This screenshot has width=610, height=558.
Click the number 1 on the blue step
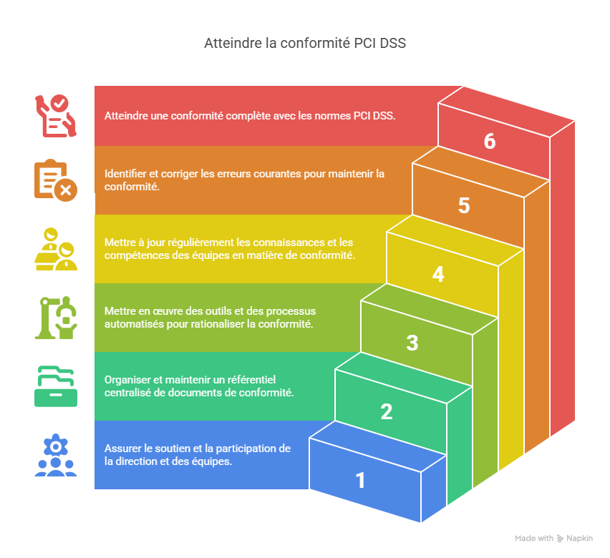tap(361, 480)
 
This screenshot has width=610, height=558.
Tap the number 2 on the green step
tap(387, 411)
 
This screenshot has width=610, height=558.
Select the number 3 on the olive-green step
tap(412, 343)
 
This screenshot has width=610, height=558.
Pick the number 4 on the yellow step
tap(438, 274)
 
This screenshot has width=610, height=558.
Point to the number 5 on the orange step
tap(464, 206)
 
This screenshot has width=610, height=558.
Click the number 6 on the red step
tap(490, 142)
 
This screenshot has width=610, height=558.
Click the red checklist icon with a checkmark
tap(55, 115)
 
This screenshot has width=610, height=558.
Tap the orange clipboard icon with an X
tap(55, 180)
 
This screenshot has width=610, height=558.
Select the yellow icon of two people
tap(55, 248)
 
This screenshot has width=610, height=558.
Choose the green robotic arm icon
tap(55, 317)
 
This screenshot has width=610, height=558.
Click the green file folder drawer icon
tap(55, 386)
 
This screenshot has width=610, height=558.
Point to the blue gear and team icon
tap(55, 456)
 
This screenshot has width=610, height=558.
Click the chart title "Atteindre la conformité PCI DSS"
tap(305, 44)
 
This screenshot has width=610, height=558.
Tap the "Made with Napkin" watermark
tap(553, 538)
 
